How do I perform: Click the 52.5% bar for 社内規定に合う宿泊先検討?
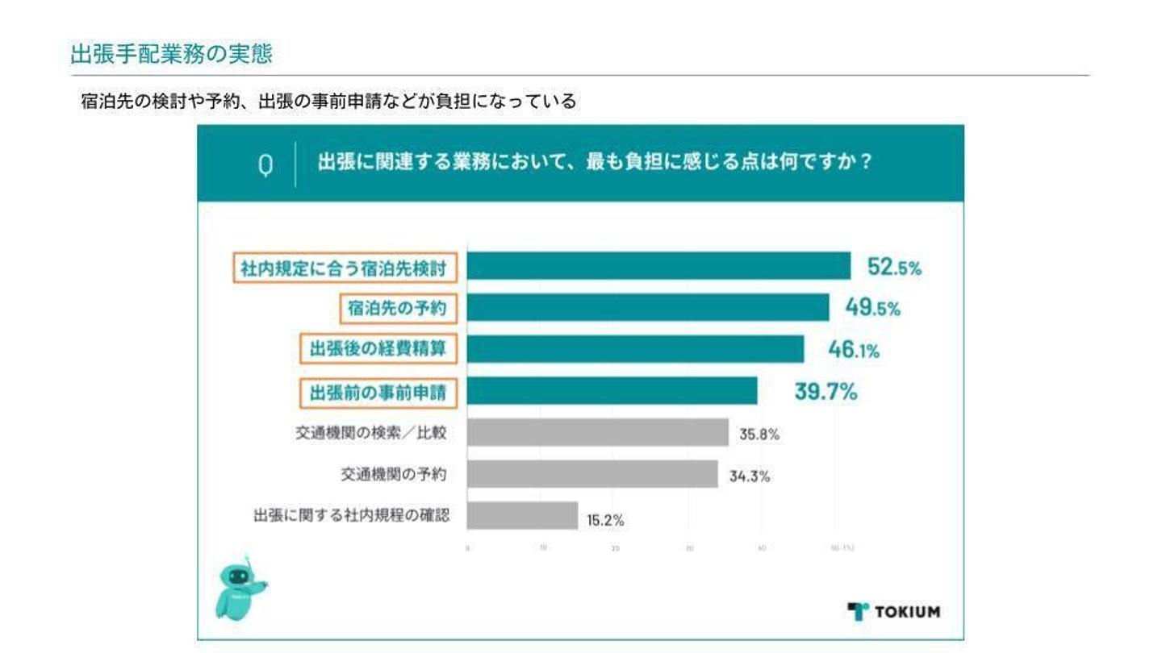658,266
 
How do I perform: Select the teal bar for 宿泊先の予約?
648,308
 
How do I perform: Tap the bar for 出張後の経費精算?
635,350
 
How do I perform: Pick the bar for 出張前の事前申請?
612,392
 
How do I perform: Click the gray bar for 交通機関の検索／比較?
597,433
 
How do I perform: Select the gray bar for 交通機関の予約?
592,475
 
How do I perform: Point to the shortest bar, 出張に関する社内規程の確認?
522,517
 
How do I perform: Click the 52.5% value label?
893,267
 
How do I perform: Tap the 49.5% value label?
872,308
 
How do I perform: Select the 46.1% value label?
854,350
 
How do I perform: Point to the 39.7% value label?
826,393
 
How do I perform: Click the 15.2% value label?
605,521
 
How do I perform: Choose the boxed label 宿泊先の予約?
396,308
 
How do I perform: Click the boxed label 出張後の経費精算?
378,350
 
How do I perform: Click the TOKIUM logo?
894,611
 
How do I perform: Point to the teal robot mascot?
240,589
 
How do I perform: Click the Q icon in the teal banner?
265,164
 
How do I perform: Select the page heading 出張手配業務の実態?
171,54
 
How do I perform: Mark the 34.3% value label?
750,476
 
